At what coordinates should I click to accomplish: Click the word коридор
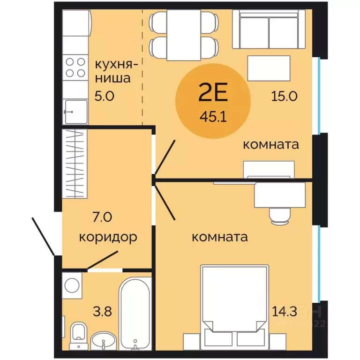[x=108, y=236]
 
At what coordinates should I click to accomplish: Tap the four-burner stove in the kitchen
[x=75, y=67]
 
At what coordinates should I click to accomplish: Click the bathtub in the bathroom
[x=135, y=309]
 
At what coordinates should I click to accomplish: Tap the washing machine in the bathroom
[x=72, y=285]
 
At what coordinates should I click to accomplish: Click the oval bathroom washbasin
[x=103, y=339]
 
